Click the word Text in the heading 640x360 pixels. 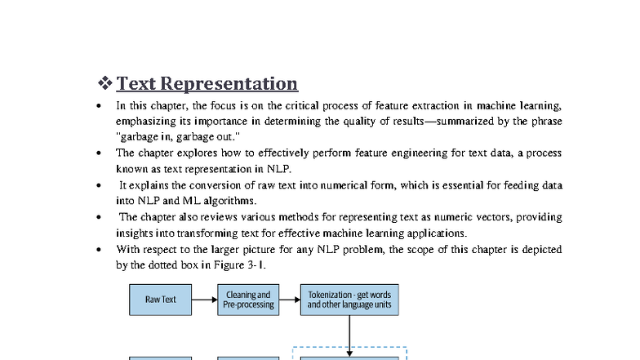coord(136,83)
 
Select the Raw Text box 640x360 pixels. coord(161,300)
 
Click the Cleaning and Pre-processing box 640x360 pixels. coord(248,300)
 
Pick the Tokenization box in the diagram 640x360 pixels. coord(349,300)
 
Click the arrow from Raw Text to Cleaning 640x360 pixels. coord(204,300)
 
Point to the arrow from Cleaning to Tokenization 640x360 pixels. coord(289,300)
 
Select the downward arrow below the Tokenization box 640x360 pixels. coord(349,335)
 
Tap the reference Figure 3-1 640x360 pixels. coord(244,265)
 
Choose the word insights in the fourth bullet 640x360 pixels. coord(133,233)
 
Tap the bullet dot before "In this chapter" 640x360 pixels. coord(99,106)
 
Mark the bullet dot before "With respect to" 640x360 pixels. coord(99,250)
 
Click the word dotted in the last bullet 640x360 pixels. coord(156,265)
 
